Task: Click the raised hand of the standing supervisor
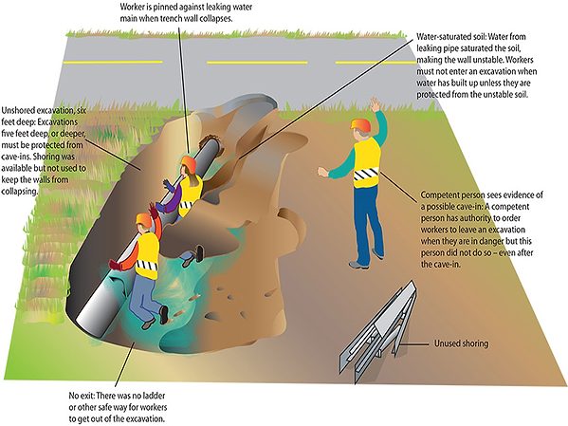375,104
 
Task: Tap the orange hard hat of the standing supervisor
360,124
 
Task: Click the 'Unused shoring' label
461,343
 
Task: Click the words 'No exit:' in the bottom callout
82,396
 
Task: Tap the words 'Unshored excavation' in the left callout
38,110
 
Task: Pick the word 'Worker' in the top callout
132,7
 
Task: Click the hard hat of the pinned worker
189,163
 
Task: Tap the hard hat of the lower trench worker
143,219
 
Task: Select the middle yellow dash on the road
257,63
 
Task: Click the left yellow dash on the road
113,62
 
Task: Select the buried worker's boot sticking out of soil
199,253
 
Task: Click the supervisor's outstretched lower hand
322,172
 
